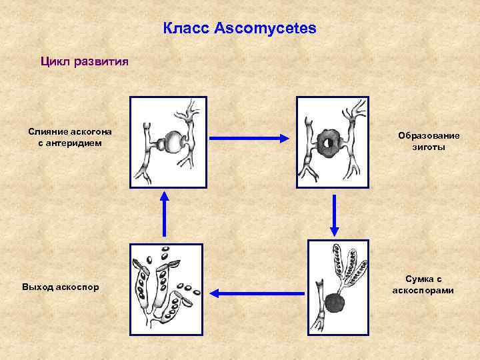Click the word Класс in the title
(x=187, y=29)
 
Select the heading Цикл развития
(x=79, y=61)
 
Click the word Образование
(x=429, y=136)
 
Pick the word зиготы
(x=429, y=147)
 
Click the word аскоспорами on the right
(x=423, y=290)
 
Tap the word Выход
(x=37, y=287)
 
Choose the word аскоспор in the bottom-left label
(x=77, y=287)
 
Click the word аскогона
(x=91, y=131)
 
